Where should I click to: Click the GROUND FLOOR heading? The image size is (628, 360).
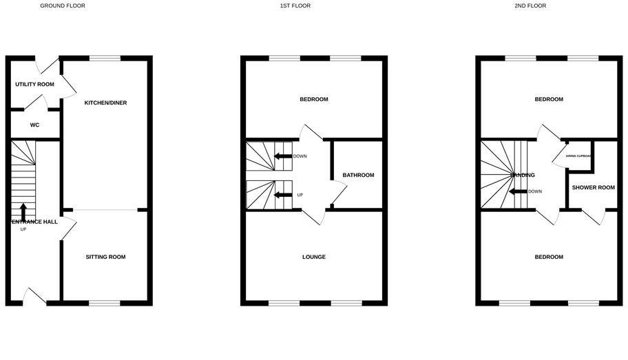pos(63,6)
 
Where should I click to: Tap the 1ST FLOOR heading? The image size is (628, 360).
pos(295,6)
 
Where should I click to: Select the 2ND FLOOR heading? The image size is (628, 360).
pos(530,6)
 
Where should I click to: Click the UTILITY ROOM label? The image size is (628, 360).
pos(34,85)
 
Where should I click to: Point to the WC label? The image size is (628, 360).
pos(34,125)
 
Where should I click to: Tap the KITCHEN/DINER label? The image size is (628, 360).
pos(105,103)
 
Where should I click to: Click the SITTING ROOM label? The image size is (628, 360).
pos(105,257)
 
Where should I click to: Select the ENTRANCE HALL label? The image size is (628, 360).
pos(33,222)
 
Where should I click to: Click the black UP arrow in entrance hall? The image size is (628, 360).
pos(23,210)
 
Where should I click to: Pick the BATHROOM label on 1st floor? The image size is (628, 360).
pos(359,176)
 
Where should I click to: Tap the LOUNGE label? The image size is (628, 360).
pos(313,257)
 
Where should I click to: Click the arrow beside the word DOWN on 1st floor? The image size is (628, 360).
pos(282,156)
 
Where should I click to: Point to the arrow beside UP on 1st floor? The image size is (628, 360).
pos(282,195)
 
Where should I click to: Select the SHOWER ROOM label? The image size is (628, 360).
pos(593,188)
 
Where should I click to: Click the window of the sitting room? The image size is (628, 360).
pos(105,303)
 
